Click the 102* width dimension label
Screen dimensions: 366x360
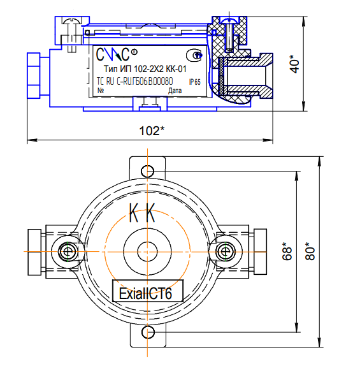tap(152, 131)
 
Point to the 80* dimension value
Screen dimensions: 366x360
tap(312, 251)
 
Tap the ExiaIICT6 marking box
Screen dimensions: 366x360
tap(147, 292)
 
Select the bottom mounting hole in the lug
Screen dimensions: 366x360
tap(147, 332)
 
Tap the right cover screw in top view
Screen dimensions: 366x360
tap(226, 252)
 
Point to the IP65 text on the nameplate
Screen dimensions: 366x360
tap(194, 82)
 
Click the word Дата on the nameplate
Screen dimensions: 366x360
tap(174, 91)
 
